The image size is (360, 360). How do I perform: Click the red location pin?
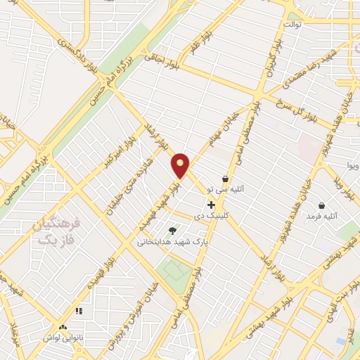click(x=181, y=165)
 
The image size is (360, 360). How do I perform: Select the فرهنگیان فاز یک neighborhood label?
click(x=57, y=232)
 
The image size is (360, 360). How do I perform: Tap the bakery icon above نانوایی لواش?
click(x=63, y=327)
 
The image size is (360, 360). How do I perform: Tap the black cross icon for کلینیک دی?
click(x=211, y=205)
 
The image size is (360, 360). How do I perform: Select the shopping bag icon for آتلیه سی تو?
click(x=225, y=179)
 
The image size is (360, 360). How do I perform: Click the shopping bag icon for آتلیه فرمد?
click(x=321, y=206)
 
